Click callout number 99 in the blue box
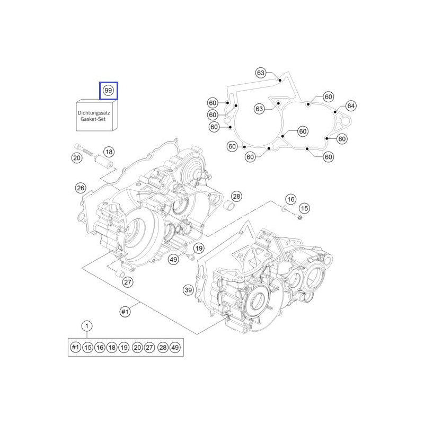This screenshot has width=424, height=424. [x=109, y=91]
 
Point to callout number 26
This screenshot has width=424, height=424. [x=81, y=188]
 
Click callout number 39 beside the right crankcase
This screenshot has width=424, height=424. [x=188, y=290]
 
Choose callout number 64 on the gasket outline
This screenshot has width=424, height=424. [x=351, y=105]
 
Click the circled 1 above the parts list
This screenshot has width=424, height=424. [x=87, y=326]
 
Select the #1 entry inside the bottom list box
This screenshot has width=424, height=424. [x=75, y=348]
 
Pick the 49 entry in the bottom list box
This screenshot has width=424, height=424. [x=175, y=348]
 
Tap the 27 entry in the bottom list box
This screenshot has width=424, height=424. [x=149, y=348]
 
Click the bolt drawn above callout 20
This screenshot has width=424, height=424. [x=79, y=147]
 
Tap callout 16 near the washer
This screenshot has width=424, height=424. [x=290, y=199]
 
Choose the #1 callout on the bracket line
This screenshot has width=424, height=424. [x=125, y=312]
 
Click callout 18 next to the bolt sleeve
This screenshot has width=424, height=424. [x=109, y=152]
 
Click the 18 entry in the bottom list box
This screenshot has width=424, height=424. [x=112, y=348]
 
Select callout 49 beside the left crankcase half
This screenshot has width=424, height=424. [x=173, y=259]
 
